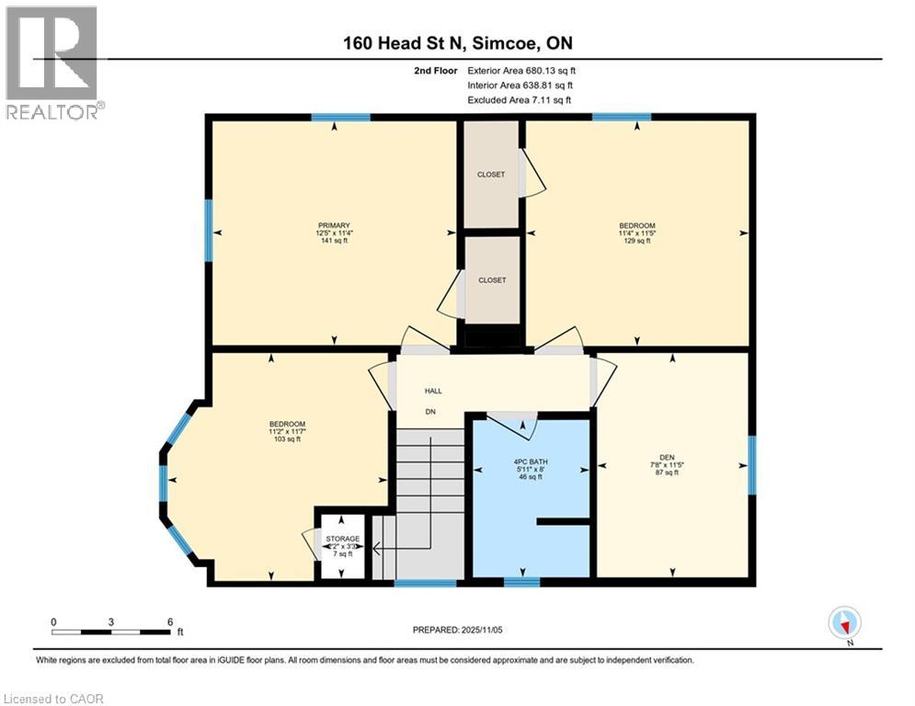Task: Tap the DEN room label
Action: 668,454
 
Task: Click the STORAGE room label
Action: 341,539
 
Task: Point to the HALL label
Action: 433,391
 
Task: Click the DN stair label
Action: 429,411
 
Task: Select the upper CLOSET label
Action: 491,174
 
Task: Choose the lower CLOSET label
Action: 491,280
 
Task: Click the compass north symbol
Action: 843,622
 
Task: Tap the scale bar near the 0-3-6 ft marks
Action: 111,632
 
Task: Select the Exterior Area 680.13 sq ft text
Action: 521,70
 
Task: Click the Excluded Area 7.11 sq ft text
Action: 520,99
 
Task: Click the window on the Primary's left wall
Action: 209,230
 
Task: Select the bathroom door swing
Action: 516,424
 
